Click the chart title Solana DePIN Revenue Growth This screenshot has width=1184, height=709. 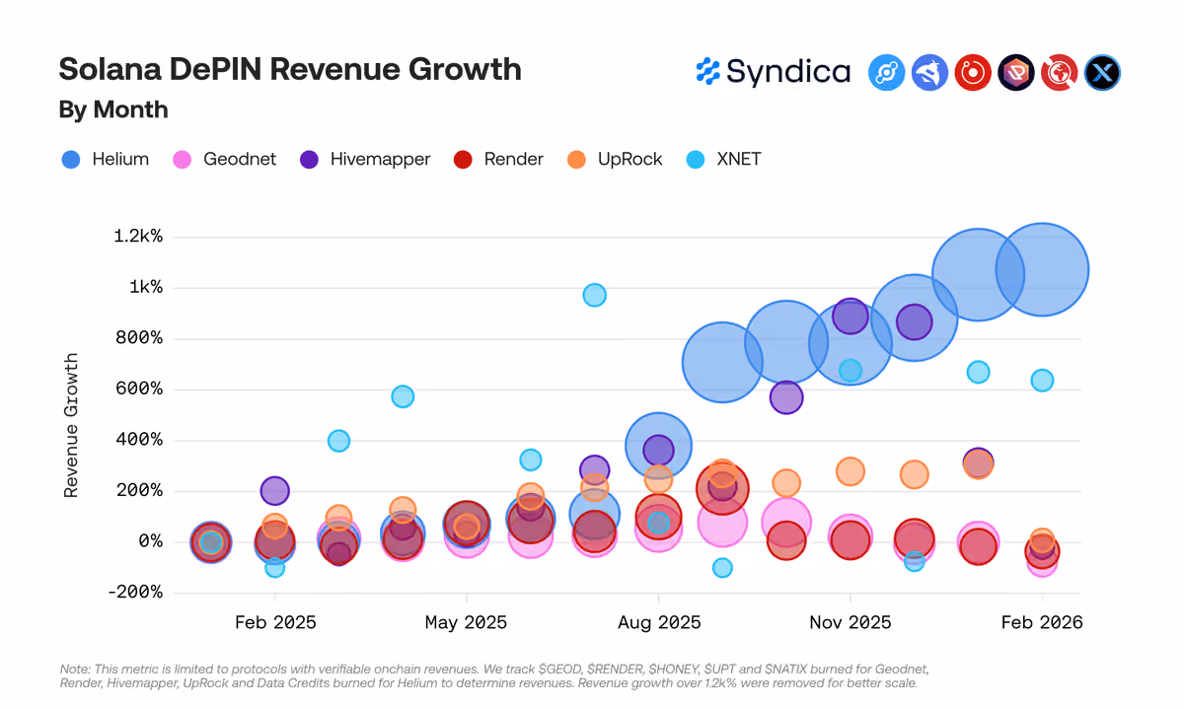pyautogui.click(x=290, y=69)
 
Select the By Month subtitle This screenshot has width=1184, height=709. pyautogui.click(x=113, y=109)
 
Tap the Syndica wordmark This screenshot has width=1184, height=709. pyautogui.click(x=774, y=72)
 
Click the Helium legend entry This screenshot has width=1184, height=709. pyautogui.click(x=106, y=159)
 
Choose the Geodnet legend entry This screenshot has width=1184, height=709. pyautogui.click(x=224, y=159)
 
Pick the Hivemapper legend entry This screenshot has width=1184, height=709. pyautogui.click(x=365, y=159)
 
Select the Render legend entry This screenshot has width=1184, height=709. pyautogui.click(x=498, y=159)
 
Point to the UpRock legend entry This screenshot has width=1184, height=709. pyautogui.click(x=614, y=159)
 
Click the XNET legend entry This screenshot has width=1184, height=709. pyautogui.click(x=723, y=159)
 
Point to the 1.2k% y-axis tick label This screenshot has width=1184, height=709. pyautogui.click(x=138, y=236)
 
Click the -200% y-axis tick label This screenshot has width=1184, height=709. pyautogui.click(x=135, y=592)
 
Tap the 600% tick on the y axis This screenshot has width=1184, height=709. pyautogui.click(x=139, y=389)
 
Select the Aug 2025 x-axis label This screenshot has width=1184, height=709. pyautogui.click(x=659, y=622)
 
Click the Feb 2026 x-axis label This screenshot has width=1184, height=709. pyautogui.click(x=1042, y=622)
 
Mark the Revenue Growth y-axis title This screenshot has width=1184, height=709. pyautogui.click(x=71, y=425)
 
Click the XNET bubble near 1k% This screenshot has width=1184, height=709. pyautogui.click(x=595, y=295)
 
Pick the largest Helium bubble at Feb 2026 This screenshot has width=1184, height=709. pyautogui.click(x=1042, y=269)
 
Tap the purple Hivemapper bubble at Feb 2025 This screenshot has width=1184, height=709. pyautogui.click(x=275, y=491)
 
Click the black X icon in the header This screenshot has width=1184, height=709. pyautogui.click(x=1102, y=72)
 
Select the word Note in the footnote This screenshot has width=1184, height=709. pyautogui.click(x=75, y=669)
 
